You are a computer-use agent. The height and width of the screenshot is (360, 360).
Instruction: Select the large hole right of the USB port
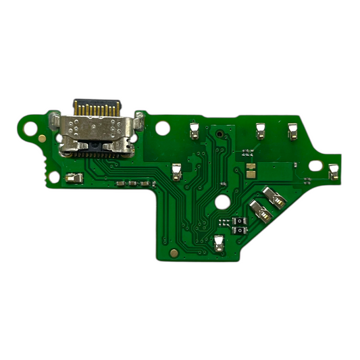point(162,126)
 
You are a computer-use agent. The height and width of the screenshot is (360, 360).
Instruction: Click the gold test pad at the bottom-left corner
point(175,253)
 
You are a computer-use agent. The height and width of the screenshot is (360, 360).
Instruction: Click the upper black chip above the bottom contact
point(236,220)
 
